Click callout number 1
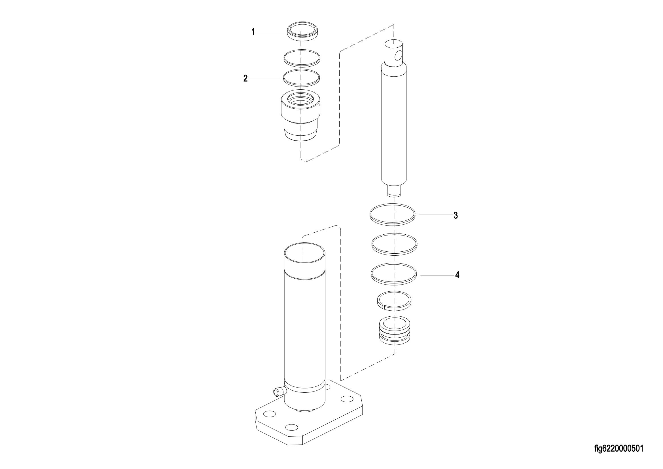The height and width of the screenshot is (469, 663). pyautogui.click(x=253, y=32)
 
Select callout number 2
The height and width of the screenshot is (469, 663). pyautogui.click(x=246, y=78)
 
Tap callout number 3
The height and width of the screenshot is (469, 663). pyautogui.click(x=456, y=215)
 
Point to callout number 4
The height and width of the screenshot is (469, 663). pyautogui.click(x=457, y=275)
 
